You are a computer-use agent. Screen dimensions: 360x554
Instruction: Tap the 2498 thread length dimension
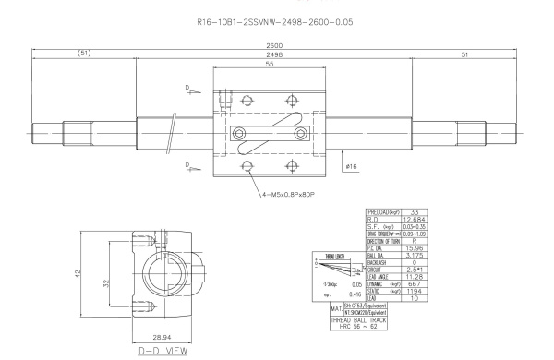(x=273, y=54)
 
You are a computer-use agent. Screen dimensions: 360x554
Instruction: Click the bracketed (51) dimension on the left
(x=86, y=54)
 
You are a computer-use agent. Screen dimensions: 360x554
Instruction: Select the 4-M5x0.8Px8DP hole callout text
(x=295, y=197)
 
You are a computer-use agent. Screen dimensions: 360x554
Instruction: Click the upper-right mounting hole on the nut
(x=292, y=101)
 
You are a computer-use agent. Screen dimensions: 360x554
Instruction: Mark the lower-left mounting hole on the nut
(x=247, y=166)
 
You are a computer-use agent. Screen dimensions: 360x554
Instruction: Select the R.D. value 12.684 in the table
(x=416, y=222)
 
